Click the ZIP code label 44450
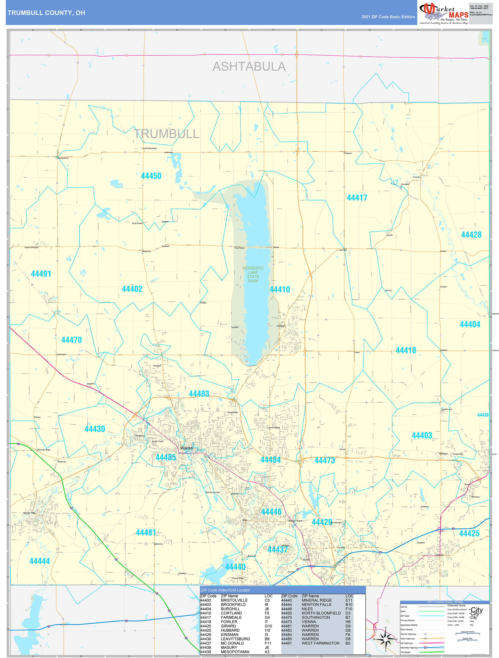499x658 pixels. click(151, 176)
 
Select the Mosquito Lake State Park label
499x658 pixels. click(253, 275)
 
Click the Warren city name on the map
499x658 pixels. click(187, 448)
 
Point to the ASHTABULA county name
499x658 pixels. click(249, 66)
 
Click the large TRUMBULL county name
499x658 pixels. click(166, 134)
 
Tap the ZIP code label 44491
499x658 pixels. click(41, 274)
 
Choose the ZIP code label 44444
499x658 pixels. click(39, 561)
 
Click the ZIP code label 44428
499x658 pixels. click(471, 235)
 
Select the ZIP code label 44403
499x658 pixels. click(422, 436)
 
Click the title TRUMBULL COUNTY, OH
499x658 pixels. click(46, 13)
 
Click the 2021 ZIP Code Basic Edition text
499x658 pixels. click(388, 17)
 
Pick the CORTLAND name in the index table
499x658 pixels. click(231, 613)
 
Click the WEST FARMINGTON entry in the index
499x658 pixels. click(320, 643)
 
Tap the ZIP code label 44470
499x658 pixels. click(71, 340)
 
